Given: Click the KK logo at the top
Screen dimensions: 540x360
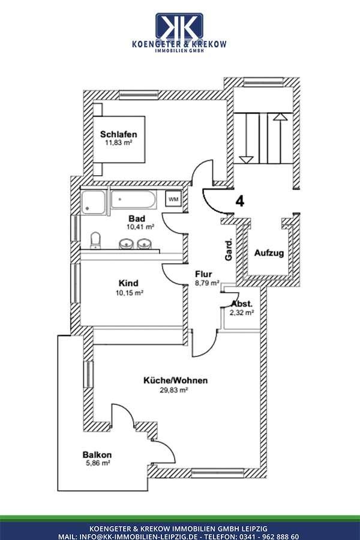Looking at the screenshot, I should click(x=179, y=27).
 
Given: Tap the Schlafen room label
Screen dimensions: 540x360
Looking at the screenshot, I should click(x=119, y=134).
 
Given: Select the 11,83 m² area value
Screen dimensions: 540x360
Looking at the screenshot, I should click(x=119, y=144).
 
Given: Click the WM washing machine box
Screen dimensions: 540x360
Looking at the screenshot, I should click(x=173, y=199).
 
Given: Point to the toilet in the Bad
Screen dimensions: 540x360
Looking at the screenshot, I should click(x=95, y=241).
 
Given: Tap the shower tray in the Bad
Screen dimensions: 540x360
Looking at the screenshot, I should click(x=93, y=201).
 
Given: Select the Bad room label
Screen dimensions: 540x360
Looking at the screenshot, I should click(x=137, y=218).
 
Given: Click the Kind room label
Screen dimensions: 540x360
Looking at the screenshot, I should click(x=129, y=283).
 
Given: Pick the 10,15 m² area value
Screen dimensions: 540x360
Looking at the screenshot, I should click(x=129, y=293).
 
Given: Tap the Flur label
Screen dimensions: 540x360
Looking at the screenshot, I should click(x=204, y=274).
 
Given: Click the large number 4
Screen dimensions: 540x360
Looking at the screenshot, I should click(x=240, y=201).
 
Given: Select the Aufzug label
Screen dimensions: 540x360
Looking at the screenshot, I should click(x=269, y=253).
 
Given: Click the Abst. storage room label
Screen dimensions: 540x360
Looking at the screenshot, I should click(x=242, y=304).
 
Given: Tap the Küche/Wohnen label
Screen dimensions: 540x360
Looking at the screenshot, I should click(x=176, y=380).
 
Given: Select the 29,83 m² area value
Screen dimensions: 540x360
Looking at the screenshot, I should click(x=175, y=390).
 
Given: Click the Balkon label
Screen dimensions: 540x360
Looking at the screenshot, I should click(x=98, y=455).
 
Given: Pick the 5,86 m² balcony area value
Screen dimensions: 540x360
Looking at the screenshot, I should click(x=98, y=464).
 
